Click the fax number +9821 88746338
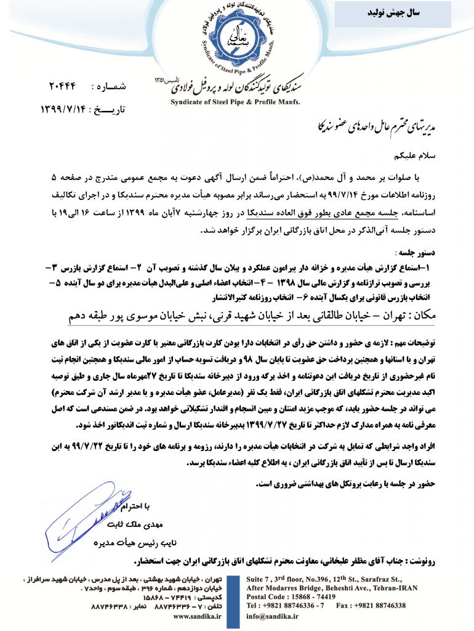click(x=382, y=606)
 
